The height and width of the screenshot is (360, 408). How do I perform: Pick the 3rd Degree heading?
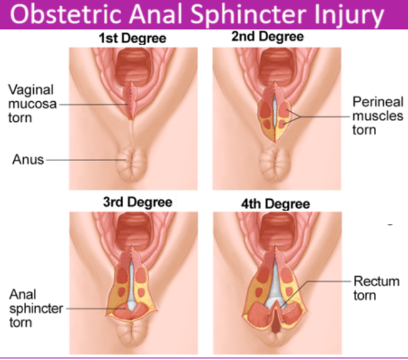pos(132,202)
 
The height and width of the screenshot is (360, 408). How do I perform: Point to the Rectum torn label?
pos(377,288)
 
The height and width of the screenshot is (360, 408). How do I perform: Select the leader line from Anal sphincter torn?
pos(87,308)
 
